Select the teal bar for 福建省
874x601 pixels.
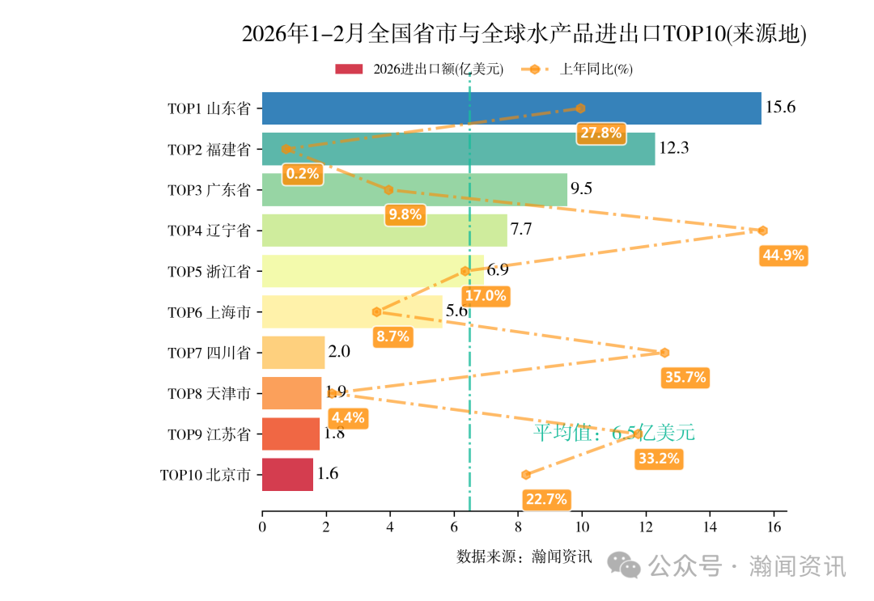point(458,149)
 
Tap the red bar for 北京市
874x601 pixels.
point(287,475)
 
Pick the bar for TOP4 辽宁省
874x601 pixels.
point(384,231)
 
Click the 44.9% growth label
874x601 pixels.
point(783,256)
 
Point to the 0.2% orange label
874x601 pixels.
point(303,173)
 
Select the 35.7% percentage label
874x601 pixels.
point(685,377)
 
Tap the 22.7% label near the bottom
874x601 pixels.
point(546,499)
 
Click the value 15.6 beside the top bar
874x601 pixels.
point(780,108)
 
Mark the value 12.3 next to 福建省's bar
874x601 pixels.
point(673,148)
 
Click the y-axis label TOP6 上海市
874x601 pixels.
point(209,312)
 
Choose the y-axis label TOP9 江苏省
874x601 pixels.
point(209,434)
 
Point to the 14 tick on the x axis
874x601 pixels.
point(710,527)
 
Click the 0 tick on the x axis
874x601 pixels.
point(262,527)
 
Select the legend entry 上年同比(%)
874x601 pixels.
point(596,70)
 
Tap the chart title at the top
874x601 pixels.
point(524,34)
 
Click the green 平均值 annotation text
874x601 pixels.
point(613,433)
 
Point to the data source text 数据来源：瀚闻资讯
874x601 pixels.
point(524,557)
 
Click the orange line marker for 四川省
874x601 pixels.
point(664,353)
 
